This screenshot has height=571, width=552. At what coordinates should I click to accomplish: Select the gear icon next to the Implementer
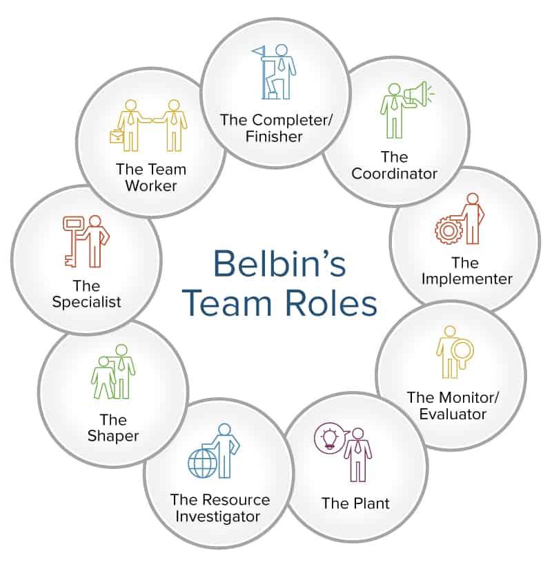(x=446, y=229)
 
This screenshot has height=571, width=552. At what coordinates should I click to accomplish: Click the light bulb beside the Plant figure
(x=326, y=439)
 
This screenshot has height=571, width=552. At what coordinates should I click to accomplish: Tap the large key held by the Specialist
(x=72, y=239)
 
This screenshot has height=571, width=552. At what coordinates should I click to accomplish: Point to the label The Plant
(x=355, y=503)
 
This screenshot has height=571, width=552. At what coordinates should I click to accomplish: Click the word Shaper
(x=113, y=436)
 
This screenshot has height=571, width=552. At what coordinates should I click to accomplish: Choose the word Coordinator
(x=395, y=173)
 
